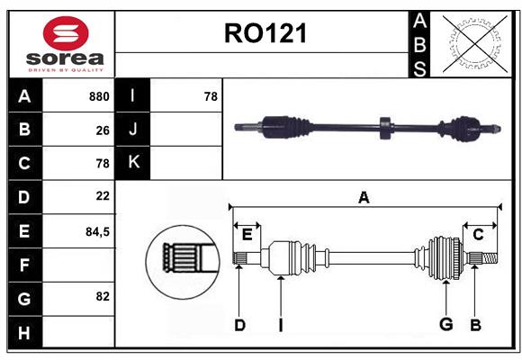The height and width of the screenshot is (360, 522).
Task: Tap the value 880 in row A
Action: click(x=99, y=96)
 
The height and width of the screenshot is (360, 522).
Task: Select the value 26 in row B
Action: click(x=103, y=130)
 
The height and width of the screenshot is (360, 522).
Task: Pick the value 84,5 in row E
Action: click(x=97, y=231)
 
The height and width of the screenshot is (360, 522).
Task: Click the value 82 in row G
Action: click(x=103, y=296)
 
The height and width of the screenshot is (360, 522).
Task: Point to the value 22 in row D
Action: click(x=103, y=196)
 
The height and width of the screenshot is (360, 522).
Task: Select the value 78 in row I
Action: click(x=211, y=96)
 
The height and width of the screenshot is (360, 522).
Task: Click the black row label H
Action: click(x=24, y=333)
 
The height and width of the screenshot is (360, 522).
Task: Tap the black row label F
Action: click(x=24, y=265)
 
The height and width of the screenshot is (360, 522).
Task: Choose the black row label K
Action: click(x=133, y=163)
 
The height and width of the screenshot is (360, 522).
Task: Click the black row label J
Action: click(x=133, y=130)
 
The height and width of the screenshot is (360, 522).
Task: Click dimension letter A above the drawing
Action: click(x=364, y=198)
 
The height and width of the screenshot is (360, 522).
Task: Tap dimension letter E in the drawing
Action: click(x=247, y=235)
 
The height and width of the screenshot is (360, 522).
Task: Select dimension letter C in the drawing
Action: click(x=478, y=235)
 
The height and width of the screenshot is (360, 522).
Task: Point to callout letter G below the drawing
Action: click(x=445, y=325)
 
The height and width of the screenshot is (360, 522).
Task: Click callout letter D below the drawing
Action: click(x=239, y=325)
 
